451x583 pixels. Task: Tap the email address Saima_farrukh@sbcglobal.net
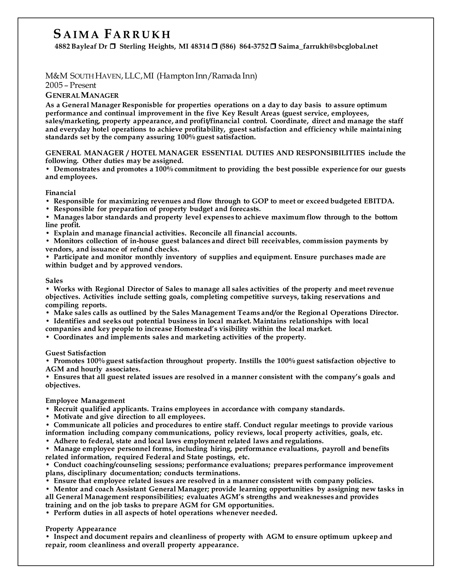coord(328,47)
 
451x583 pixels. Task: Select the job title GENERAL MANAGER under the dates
coord(82,95)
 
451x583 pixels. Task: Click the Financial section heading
coord(61,193)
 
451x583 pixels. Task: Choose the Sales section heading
coord(54,280)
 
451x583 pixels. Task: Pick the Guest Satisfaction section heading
coord(76,353)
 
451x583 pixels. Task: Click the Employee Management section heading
coord(85,401)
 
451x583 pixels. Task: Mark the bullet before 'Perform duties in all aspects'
coord(48,513)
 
